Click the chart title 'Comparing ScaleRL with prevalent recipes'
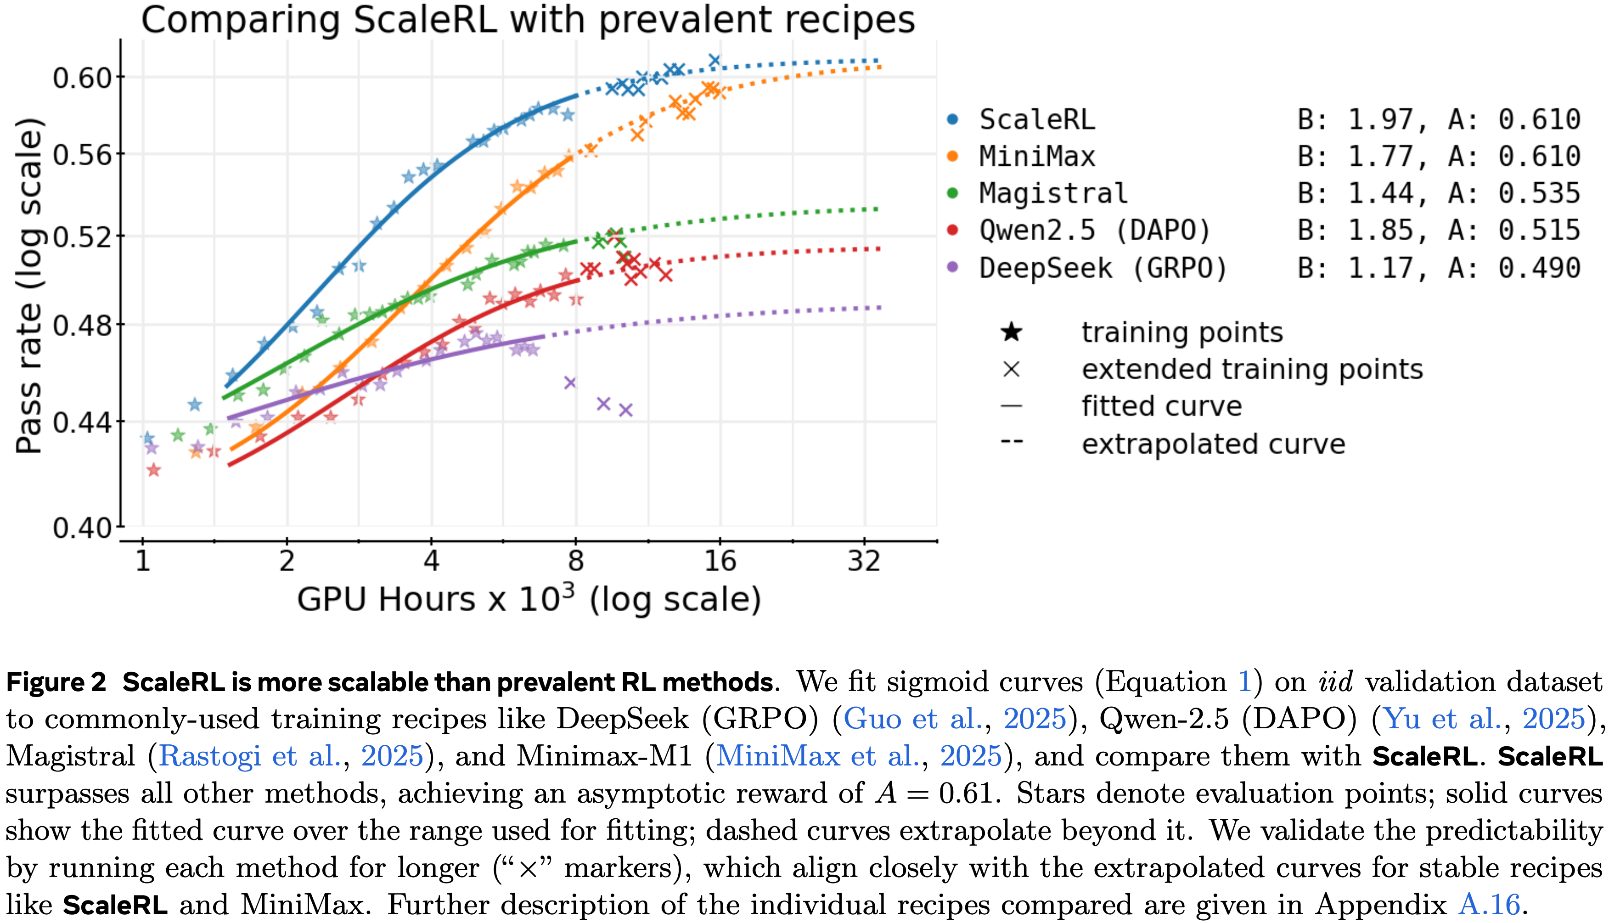527,20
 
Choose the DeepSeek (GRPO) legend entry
1103,268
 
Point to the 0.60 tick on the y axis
82,78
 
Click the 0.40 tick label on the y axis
82,528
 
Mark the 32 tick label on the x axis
864,562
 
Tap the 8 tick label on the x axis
575,562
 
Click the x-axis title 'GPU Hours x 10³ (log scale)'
529,599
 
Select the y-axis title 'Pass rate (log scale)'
29,285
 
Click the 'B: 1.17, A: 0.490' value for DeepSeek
1439,268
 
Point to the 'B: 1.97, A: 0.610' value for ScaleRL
1439,120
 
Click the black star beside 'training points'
1012,332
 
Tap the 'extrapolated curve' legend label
1213,444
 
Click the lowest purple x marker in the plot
625,410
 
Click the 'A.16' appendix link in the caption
1489,905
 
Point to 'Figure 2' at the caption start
56,682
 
